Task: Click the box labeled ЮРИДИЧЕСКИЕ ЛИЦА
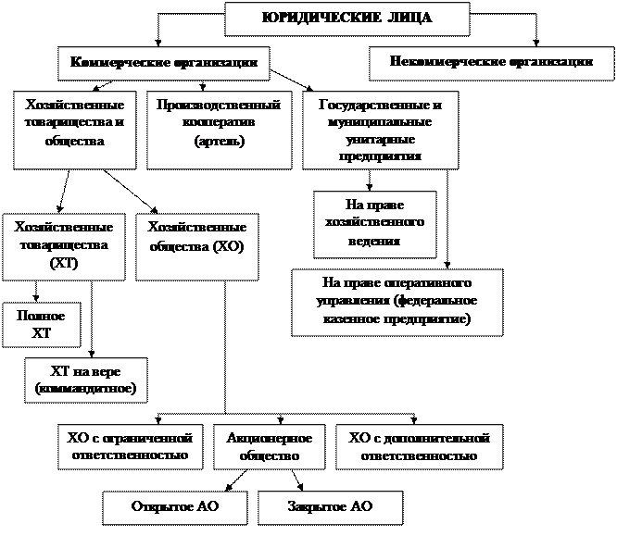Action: pos(347,19)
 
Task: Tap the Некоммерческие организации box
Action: pos(493,63)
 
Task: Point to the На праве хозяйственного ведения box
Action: pos(375,224)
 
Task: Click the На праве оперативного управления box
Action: pos(397,302)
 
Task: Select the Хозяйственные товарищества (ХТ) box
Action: pos(63,245)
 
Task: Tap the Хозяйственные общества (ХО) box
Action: pos(196,245)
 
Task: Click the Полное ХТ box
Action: pos(42,324)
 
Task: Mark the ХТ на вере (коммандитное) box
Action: pos(86,380)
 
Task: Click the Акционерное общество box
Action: pos(269,446)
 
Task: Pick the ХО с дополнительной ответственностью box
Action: pos(419,446)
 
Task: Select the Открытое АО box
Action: pos(174,507)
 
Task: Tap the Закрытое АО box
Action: pos(330,507)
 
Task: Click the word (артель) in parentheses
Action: pos(220,142)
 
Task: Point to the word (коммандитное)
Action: pos(86,388)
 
